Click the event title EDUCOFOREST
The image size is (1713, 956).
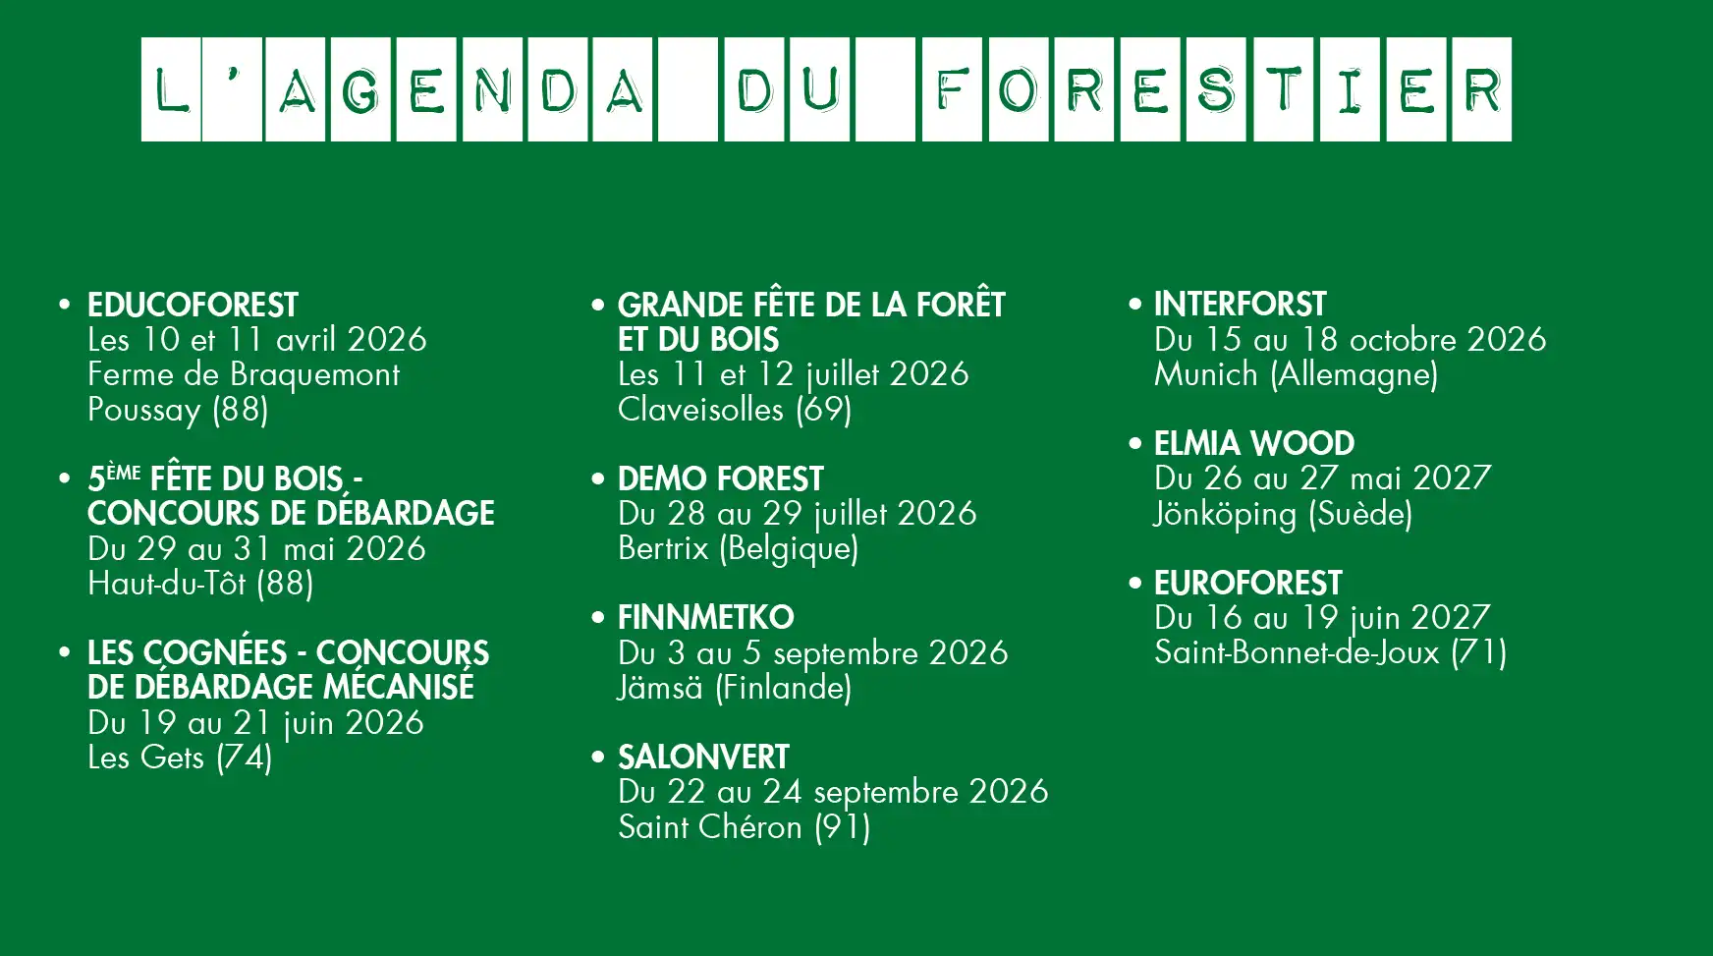click(x=193, y=306)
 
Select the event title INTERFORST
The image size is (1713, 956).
click(x=1240, y=305)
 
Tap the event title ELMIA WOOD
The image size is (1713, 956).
click(x=1254, y=444)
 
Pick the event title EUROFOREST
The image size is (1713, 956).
click(x=1247, y=584)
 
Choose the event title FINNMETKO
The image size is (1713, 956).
click(x=705, y=618)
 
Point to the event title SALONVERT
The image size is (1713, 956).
click(x=703, y=758)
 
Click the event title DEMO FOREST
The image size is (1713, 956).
click(x=720, y=479)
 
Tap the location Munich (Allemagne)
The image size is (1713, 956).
click(x=1296, y=374)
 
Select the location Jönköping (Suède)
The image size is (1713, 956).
click(x=1283, y=514)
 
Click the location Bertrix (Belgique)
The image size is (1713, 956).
click(x=738, y=548)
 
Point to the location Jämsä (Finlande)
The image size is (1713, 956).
click(x=734, y=688)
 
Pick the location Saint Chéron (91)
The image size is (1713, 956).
click(x=744, y=827)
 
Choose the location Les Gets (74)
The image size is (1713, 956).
click(x=180, y=758)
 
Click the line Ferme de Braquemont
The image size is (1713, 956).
click(x=244, y=374)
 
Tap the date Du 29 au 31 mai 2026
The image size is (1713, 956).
click(x=256, y=548)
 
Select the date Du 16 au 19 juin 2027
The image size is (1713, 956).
click(x=1322, y=618)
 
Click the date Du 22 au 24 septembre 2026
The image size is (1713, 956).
click(x=833, y=792)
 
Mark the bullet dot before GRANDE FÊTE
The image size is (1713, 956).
click(x=598, y=305)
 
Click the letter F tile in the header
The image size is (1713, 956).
click(x=952, y=89)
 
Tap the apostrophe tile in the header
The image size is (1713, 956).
click(x=233, y=89)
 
